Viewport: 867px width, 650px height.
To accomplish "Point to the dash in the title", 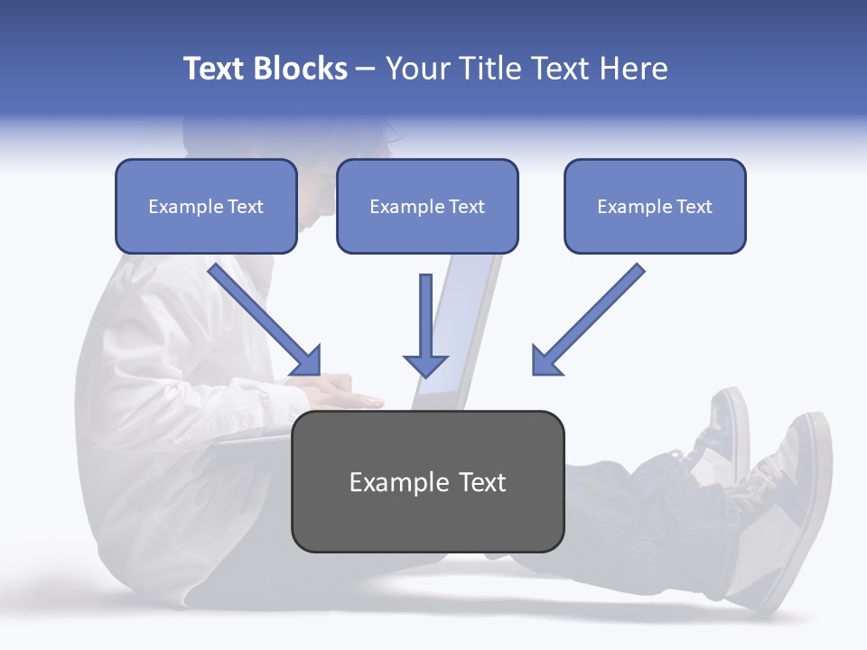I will pos(366,70).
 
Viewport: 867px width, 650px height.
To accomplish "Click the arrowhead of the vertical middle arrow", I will pos(425,365).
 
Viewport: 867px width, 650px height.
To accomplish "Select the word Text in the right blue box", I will pos(695,207).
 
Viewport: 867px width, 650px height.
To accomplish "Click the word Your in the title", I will pos(415,69).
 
